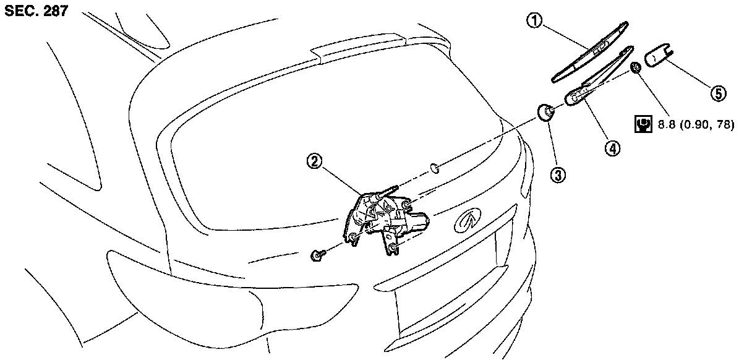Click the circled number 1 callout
pyautogui.click(x=534, y=23)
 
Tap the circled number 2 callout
pyautogui.click(x=314, y=162)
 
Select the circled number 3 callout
pyautogui.click(x=558, y=175)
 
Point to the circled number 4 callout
pyautogui.click(x=612, y=148)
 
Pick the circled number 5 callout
pyautogui.click(x=717, y=93)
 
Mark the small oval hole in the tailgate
pyautogui.click(x=435, y=167)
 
